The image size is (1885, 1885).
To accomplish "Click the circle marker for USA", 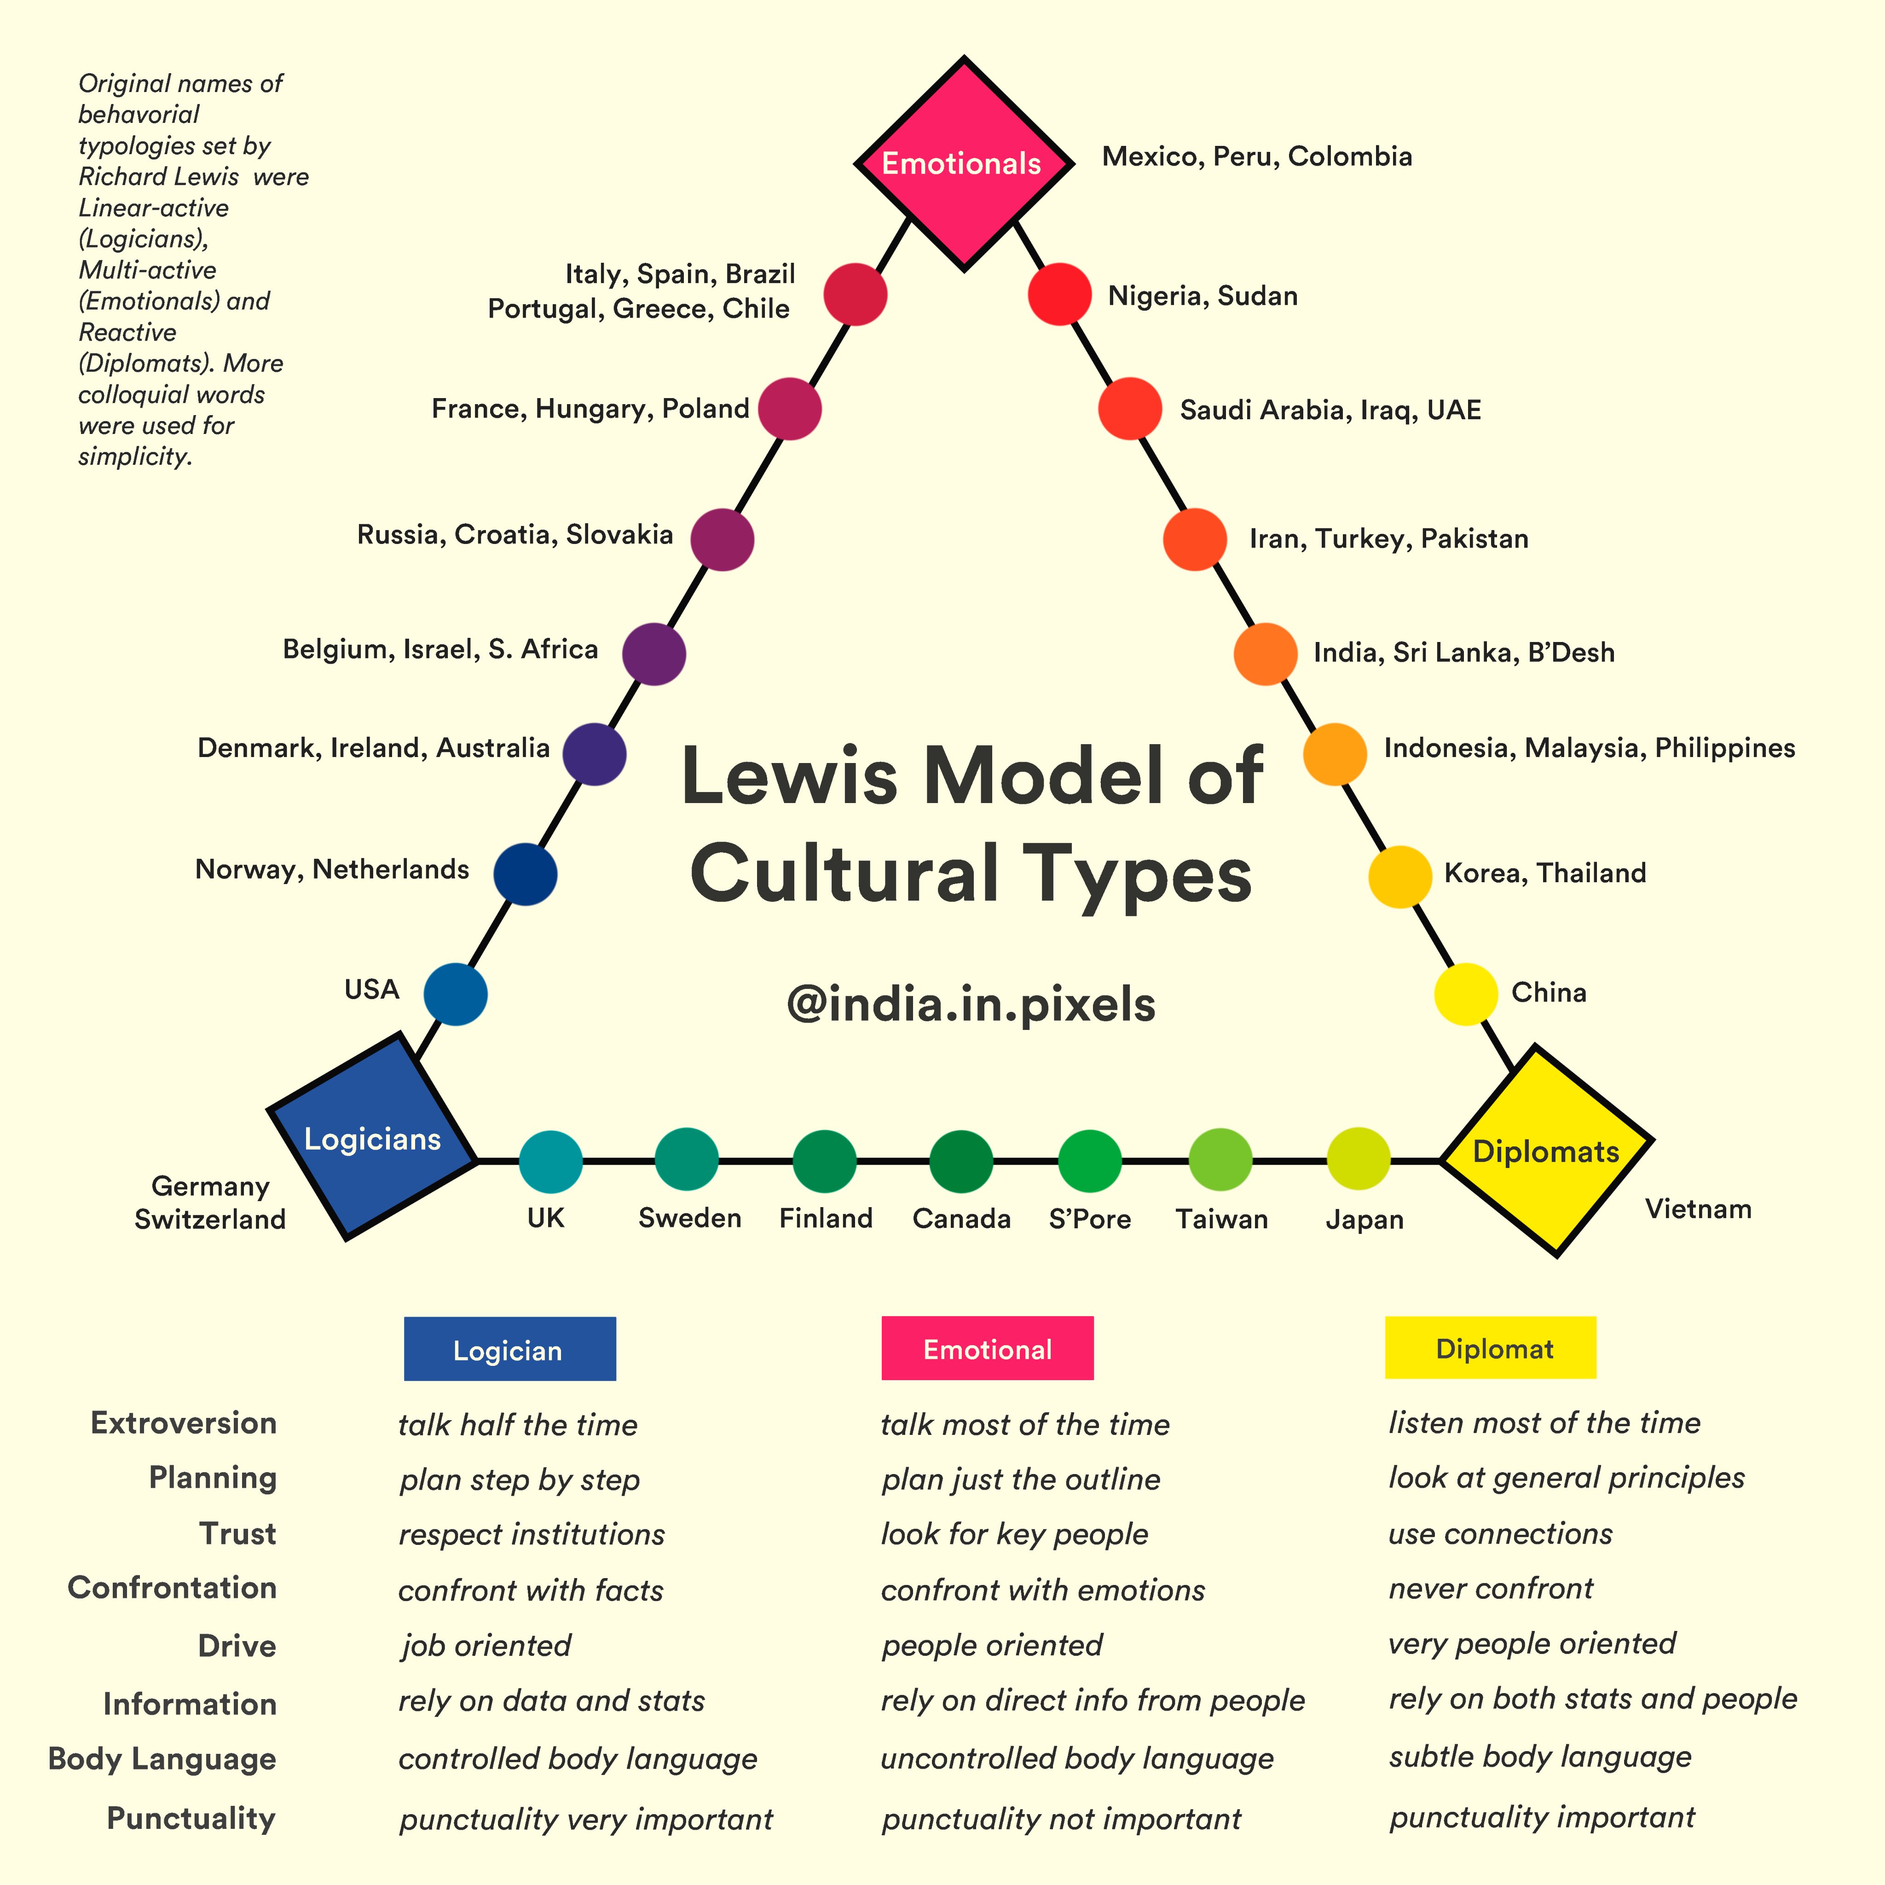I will (x=456, y=994).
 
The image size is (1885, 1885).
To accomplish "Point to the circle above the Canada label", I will (x=961, y=1161).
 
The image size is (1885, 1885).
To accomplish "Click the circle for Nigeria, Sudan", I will (x=1059, y=294).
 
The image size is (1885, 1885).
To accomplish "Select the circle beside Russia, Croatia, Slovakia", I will (x=722, y=538).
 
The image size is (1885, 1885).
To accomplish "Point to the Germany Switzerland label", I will (x=210, y=1203).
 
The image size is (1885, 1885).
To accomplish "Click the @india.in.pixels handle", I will (x=971, y=1004).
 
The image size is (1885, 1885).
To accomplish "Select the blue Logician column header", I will (x=509, y=1349).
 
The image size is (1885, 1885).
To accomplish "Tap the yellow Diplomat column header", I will (x=1490, y=1348).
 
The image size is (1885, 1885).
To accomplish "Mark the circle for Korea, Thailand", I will (x=1400, y=877).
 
